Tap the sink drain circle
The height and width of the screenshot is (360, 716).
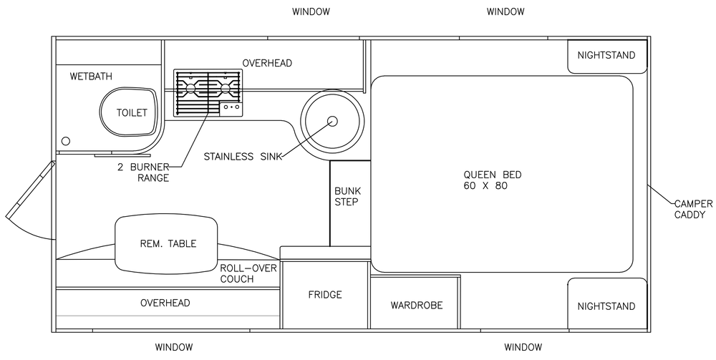[x=332, y=121]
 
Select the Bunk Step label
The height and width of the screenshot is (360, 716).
[x=347, y=196]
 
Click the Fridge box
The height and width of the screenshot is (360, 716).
[x=324, y=295]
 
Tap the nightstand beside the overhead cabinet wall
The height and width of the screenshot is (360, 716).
[x=607, y=56]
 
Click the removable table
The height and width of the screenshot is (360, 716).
[x=166, y=243]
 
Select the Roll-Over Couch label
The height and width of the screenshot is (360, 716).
[x=248, y=273]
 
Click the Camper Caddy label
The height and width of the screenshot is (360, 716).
[x=693, y=209]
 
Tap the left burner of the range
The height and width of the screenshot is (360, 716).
[x=191, y=87]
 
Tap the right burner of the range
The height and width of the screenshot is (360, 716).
[x=225, y=87]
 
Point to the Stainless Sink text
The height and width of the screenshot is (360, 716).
[x=242, y=157]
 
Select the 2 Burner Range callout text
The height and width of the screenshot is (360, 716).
[x=143, y=172]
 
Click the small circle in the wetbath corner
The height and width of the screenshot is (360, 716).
[x=66, y=141]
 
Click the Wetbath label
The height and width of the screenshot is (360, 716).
[x=91, y=76]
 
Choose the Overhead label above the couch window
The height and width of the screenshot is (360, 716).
[x=165, y=303]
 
